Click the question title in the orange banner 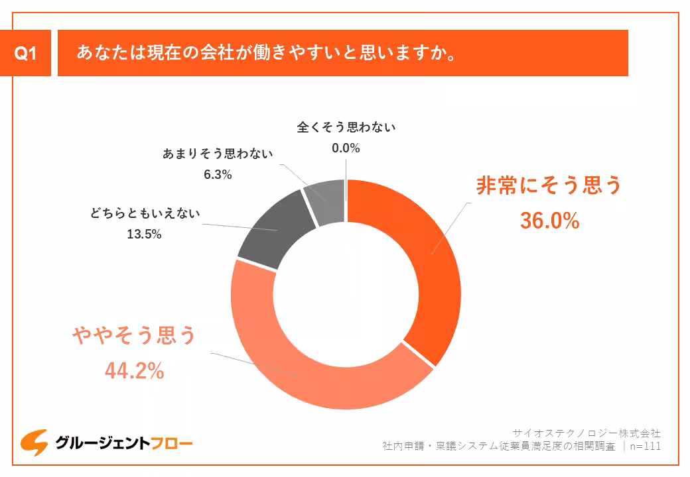[x=265, y=53]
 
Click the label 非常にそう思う [x=549, y=186]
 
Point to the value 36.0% [x=549, y=221]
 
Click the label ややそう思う [x=134, y=336]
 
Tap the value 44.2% [x=134, y=371]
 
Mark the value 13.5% [x=145, y=234]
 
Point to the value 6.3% [x=218, y=175]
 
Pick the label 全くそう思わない [x=346, y=127]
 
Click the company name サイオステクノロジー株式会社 [x=587, y=433]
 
